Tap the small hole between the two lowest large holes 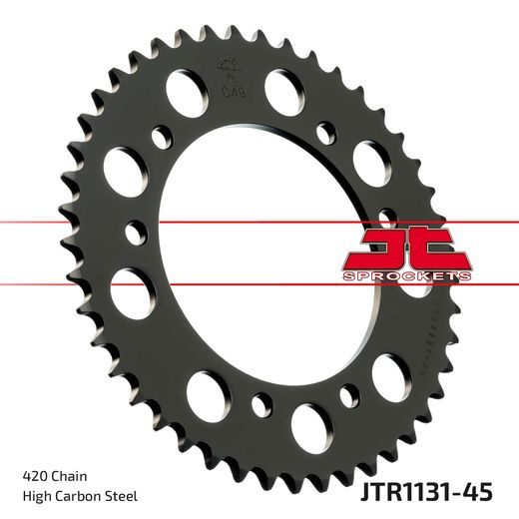click(261, 406)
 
